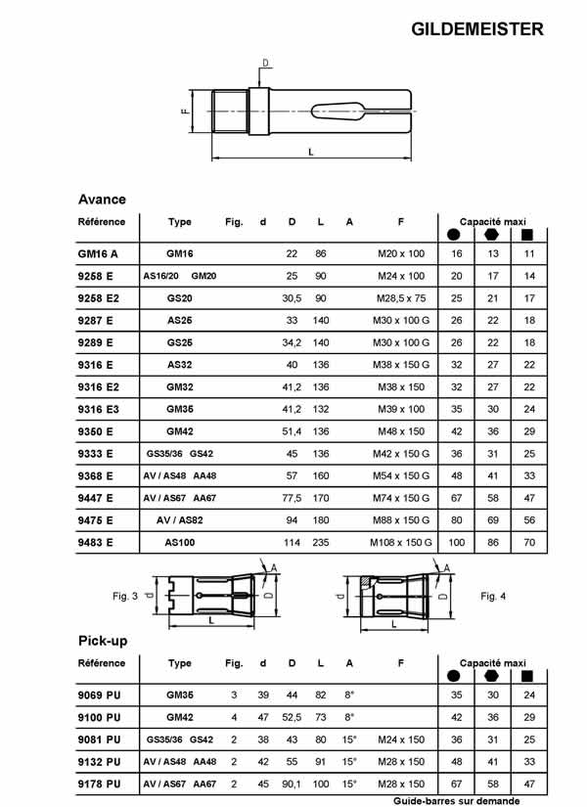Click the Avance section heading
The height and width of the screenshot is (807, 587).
click(x=102, y=199)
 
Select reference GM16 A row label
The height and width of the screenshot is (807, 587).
click(x=97, y=253)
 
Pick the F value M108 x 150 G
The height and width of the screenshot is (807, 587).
click(x=401, y=541)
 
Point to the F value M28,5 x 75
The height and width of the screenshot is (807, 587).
click(x=401, y=297)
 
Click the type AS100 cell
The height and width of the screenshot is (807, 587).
click(x=180, y=541)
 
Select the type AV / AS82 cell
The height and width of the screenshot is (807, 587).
click(x=180, y=519)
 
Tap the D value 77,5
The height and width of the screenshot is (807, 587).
click(x=292, y=497)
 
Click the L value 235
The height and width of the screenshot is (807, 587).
click(x=321, y=541)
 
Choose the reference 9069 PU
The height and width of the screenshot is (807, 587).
click(x=99, y=695)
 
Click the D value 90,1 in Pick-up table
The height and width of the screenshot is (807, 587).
click(x=292, y=785)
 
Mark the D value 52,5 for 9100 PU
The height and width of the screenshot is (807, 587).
click(x=292, y=717)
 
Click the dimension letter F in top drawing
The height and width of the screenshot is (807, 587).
click(x=185, y=111)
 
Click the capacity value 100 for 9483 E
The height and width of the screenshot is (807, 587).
click(x=456, y=541)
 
